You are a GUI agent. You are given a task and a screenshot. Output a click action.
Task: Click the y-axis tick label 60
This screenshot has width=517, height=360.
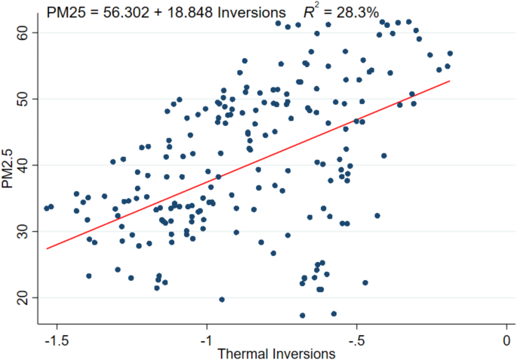pyautogui.click(x=22, y=32)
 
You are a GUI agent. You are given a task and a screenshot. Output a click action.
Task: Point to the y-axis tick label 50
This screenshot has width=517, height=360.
pyautogui.click(x=22, y=99)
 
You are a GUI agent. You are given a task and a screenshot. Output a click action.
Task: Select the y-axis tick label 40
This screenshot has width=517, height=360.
pyautogui.click(x=22, y=165)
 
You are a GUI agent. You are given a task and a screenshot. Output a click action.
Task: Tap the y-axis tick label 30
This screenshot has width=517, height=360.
pyautogui.click(x=22, y=231)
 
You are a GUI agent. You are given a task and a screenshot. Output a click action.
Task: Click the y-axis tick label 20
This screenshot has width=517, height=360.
pyautogui.click(x=22, y=297)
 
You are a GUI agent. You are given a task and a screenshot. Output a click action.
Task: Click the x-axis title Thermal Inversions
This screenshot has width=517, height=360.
pyautogui.click(x=275, y=353)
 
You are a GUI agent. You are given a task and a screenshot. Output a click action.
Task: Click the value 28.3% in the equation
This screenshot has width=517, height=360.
pyautogui.click(x=359, y=12)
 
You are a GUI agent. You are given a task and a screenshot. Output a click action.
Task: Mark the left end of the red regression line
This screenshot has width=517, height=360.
pyautogui.click(x=47, y=248)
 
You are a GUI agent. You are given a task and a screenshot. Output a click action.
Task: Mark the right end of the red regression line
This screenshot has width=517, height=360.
pyautogui.click(x=450, y=81)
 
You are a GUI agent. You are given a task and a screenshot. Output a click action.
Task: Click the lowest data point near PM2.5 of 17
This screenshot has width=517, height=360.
pyautogui.click(x=303, y=315)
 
